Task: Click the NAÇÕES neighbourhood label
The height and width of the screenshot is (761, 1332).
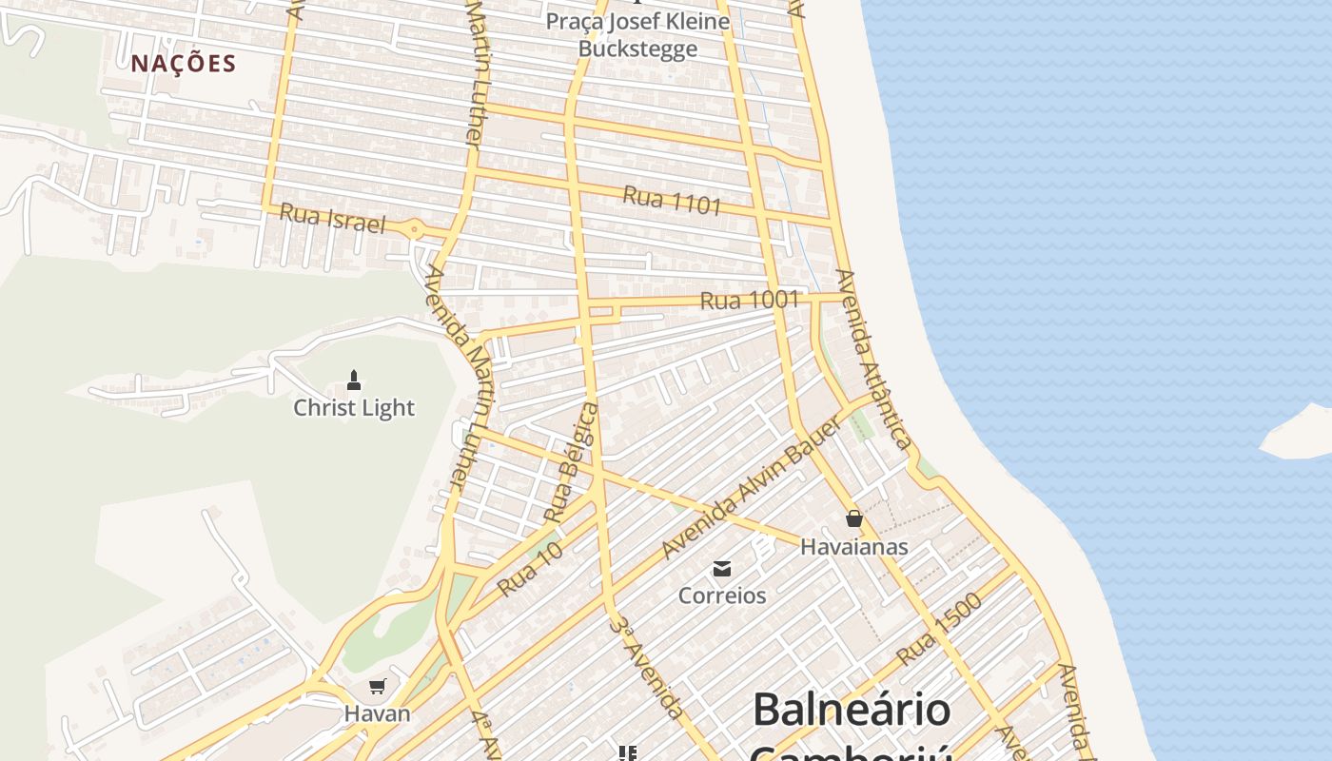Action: pos(184,64)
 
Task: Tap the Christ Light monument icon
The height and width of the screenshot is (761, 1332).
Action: pos(354,380)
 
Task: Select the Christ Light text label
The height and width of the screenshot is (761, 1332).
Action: pos(354,408)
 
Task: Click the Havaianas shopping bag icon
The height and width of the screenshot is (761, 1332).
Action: pos(853,518)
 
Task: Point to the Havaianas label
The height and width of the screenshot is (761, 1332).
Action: pos(853,547)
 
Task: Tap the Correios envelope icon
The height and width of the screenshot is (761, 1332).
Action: pos(722,569)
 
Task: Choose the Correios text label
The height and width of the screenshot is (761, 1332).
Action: pos(722,595)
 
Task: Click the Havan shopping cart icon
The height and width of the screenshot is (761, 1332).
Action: pos(378,686)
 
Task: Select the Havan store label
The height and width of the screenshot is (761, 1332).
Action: pos(378,712)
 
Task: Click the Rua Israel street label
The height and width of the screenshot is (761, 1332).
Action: pos(332,219)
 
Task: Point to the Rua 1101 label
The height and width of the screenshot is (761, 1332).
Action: pos(672,201)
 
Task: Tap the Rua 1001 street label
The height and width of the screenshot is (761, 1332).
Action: pos(749,301)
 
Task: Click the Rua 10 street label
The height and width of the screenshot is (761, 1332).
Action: pos(530,569)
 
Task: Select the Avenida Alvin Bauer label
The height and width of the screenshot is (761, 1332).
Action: pos(751,488)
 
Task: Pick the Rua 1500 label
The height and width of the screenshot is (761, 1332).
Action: pos(938,629)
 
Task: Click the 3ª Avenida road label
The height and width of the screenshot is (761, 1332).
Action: pos(647,667)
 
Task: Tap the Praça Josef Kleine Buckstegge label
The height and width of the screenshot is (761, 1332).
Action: pos(637,34)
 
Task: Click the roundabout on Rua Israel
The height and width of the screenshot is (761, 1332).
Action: pos(414,229)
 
